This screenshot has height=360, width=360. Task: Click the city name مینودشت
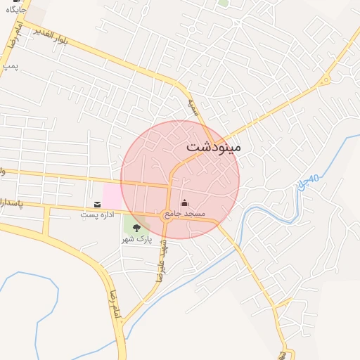click(x=214, y=148)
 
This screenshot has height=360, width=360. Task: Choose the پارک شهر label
click(x=136, y=239)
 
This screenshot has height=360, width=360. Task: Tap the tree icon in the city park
click(x=136, y=228)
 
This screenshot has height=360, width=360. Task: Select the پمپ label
click(x=10, y=65)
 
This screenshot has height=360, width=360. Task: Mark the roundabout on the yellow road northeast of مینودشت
click(x=325, y=81)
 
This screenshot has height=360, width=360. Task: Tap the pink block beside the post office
click(x=112, y=195)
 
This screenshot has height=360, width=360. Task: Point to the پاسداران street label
click(x=11, y=202)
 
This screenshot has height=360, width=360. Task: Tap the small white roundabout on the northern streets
click(x=237, y=22)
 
